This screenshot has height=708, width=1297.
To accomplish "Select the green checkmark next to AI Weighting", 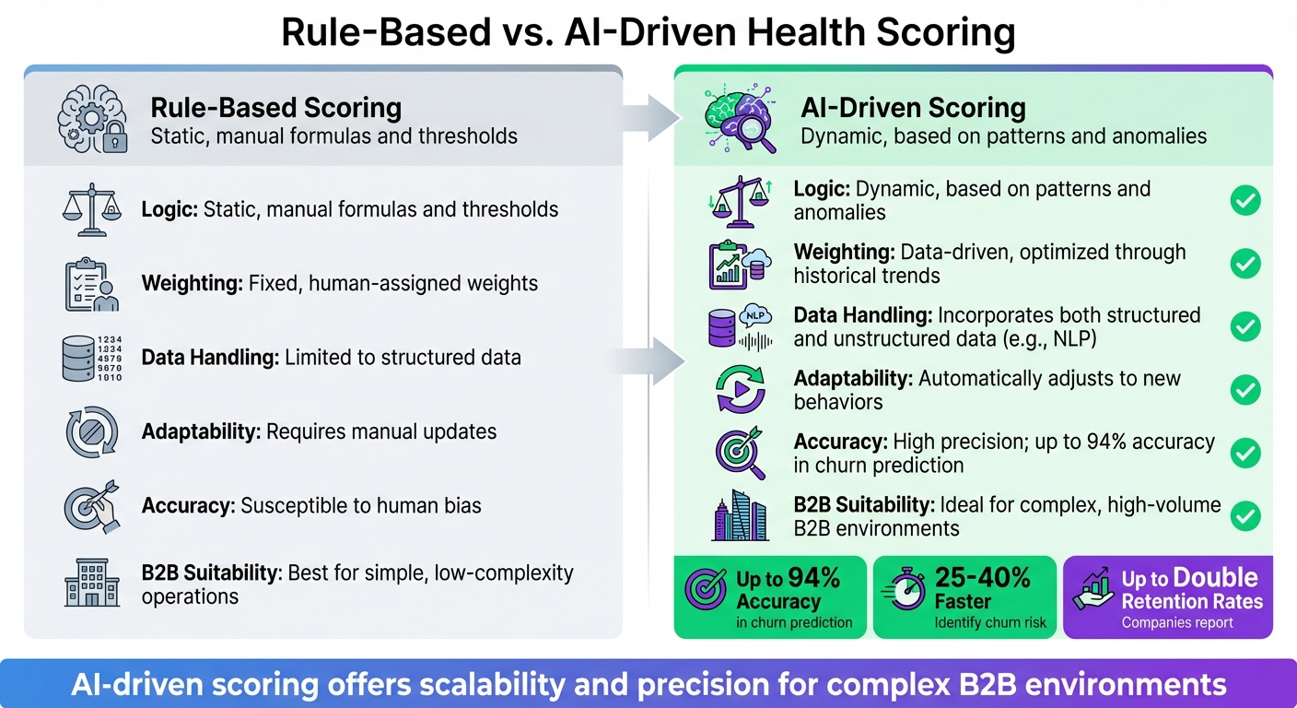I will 1245,264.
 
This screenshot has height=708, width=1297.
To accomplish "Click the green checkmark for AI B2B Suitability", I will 1245,515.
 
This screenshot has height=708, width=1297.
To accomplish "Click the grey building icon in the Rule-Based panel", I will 92,583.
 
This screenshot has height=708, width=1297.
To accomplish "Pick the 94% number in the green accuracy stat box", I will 814,578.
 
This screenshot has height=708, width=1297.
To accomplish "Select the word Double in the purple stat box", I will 1215,578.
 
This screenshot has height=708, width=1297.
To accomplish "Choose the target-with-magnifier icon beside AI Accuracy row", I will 740,453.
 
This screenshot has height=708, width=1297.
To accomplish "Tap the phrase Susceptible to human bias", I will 361,504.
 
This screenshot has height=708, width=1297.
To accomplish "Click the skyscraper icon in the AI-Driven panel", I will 740,516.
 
